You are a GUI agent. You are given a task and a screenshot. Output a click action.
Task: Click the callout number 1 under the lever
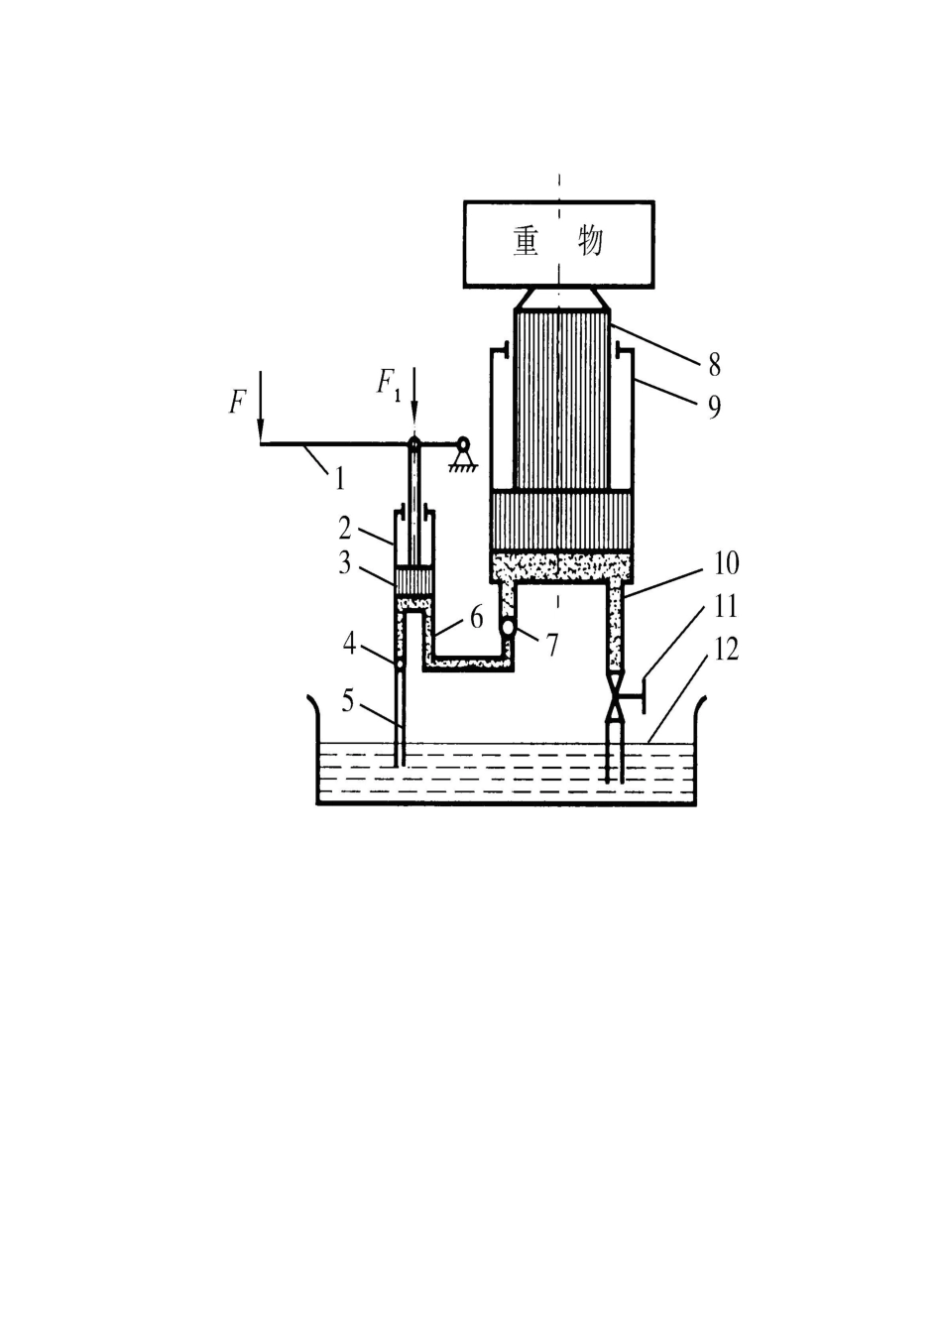coord(340,478)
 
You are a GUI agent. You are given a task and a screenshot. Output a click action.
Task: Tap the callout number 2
coord(346,528)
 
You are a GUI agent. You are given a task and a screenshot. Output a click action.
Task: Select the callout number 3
coord(345,563)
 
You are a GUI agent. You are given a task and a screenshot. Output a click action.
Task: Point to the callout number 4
coord(349,644)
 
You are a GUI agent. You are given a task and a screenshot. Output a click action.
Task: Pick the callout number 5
coord(348,701)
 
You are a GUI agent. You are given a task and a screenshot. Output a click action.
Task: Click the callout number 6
coord(477,618)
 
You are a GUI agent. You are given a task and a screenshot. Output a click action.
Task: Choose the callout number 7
coord(553,646)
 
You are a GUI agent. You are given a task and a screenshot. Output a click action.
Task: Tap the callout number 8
coord(715,365)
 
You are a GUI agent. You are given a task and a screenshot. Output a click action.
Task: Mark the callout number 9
coord(714,407)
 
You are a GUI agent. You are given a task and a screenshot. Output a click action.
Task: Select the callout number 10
coord(726,563)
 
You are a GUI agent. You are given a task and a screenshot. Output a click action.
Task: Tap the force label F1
coord(388,382)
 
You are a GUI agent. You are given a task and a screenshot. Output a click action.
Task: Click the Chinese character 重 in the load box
coord(527,242)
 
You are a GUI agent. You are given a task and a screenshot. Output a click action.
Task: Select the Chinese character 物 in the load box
coord(590,242)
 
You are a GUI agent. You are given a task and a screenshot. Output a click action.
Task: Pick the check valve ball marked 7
coord(508,627)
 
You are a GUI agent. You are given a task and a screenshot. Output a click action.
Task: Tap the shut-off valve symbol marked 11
coord(615,695)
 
